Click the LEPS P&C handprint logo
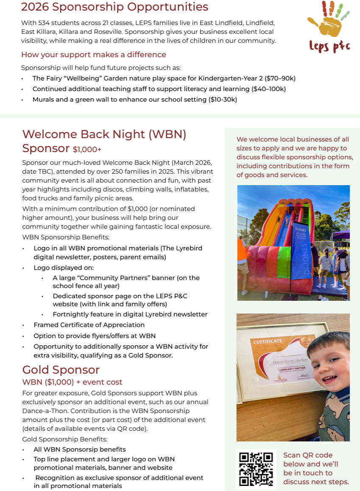(329, 28)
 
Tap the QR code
(256, 469)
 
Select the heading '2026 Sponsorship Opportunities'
(114, 7)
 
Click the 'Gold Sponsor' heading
(61, 369)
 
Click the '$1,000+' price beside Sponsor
(87, 150)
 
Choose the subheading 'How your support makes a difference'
(94, 55)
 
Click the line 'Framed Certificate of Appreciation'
(89, 325)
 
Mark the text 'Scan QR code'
(308, 455)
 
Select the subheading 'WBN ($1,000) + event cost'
(72, 382)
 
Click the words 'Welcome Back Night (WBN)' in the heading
(104, 134)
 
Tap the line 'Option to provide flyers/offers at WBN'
(95, 336)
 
